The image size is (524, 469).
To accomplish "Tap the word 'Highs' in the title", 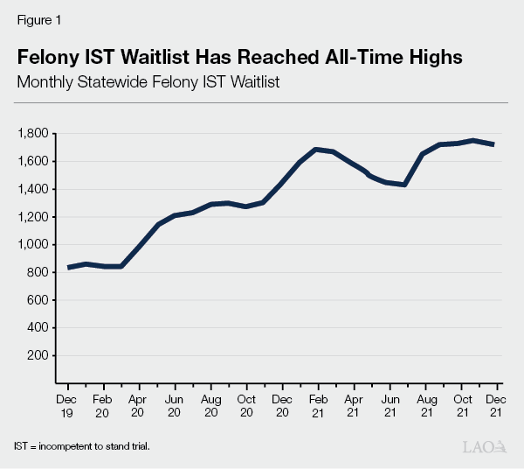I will point(431,57).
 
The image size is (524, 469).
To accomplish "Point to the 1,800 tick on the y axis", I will point(33,134).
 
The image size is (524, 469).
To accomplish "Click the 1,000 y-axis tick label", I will point(33,245).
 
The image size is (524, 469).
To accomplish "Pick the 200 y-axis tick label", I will point(39,356).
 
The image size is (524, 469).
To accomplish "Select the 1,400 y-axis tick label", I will point(33,189).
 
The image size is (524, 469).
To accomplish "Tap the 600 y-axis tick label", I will point(39,300).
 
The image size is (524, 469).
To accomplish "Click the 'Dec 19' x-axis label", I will point(68,404).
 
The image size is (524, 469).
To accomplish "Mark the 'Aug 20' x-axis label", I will point(211,404).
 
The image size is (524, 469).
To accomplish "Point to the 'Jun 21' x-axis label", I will point(390,404).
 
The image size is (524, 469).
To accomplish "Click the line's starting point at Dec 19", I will point(68,267).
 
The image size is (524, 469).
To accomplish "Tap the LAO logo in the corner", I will point(485,446).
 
